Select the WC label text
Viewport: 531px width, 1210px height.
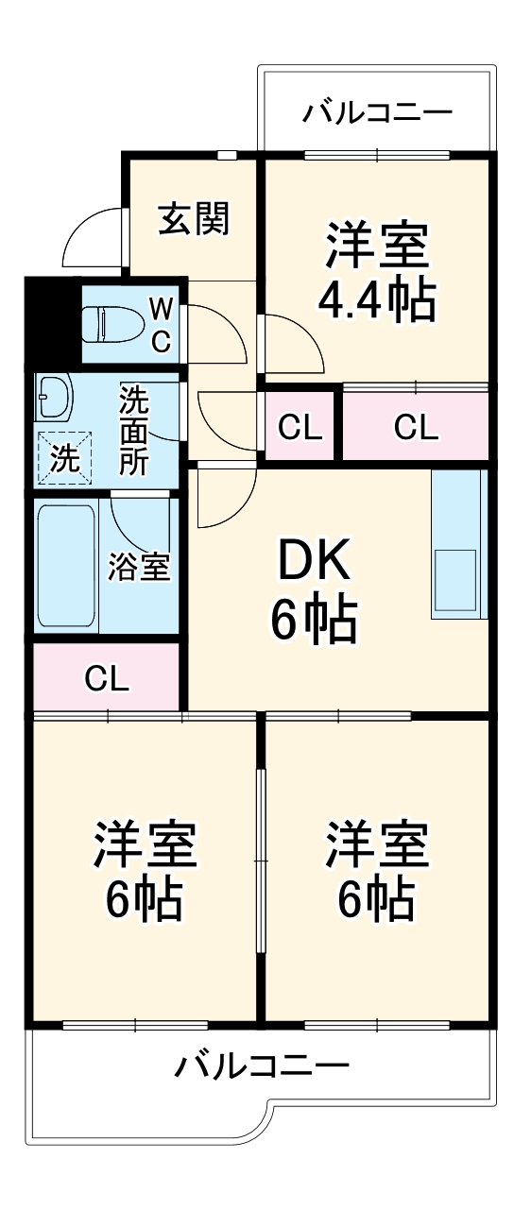[162, 324]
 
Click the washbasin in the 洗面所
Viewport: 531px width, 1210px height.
[53, 397]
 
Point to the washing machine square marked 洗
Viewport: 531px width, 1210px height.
[64, 457]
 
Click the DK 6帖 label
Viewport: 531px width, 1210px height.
[313, 590]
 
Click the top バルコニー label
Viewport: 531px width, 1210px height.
[377, 113]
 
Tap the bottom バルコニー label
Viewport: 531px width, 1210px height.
[262, 1067]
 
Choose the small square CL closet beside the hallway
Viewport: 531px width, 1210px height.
[300, 428]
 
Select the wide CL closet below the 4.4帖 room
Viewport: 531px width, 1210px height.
[416, 428]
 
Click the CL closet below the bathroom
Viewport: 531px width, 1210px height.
[106, 677]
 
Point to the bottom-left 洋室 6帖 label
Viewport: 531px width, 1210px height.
[145, 871]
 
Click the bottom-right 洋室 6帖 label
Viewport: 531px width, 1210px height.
[377, 871]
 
